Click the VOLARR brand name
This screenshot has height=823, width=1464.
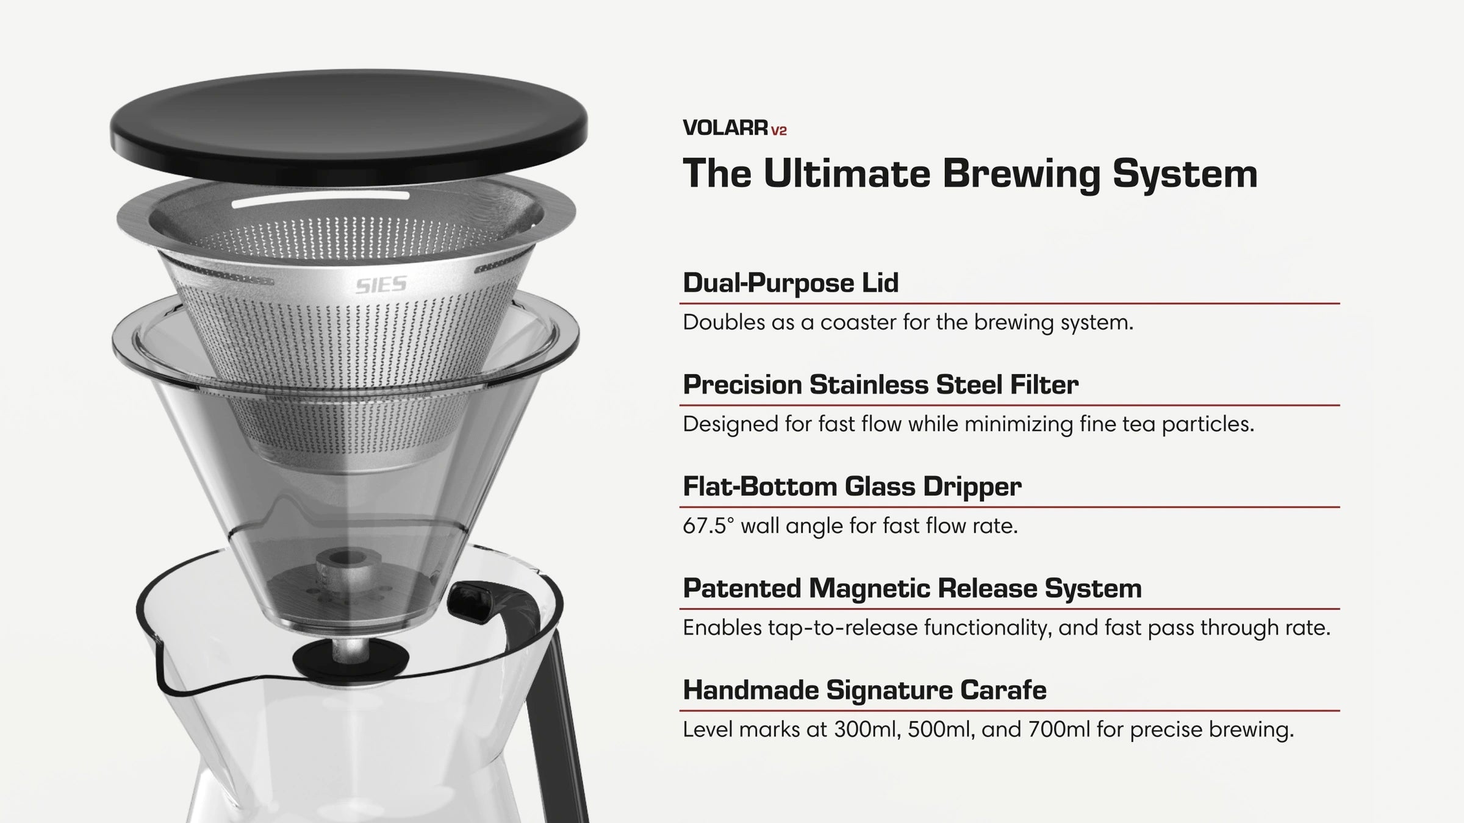point(725,128)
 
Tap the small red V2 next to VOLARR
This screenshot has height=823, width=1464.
point(779,131)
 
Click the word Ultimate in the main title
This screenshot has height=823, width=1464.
point(848,173)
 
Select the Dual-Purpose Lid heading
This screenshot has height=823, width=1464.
point(791,283)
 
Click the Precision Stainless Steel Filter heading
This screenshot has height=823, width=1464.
point(880,385)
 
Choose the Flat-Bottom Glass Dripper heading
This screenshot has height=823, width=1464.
point(852,486)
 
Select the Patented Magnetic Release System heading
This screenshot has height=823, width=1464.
point(912,588)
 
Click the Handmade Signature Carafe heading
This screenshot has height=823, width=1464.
point(864,690)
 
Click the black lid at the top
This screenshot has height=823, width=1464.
point(348,127)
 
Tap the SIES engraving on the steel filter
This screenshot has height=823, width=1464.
point(382,285)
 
